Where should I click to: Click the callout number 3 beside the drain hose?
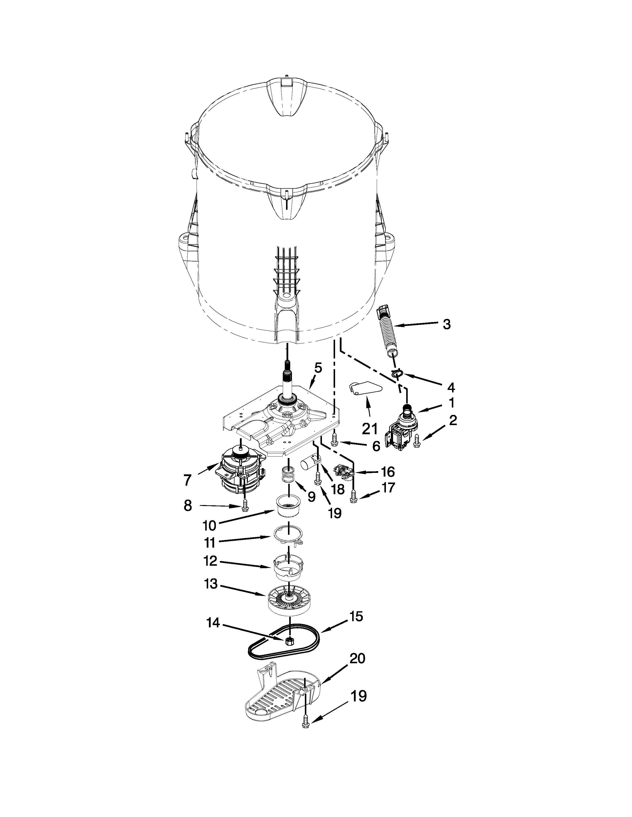click(x=446, y=324)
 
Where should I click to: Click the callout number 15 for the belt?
click(x=357, y=616)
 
